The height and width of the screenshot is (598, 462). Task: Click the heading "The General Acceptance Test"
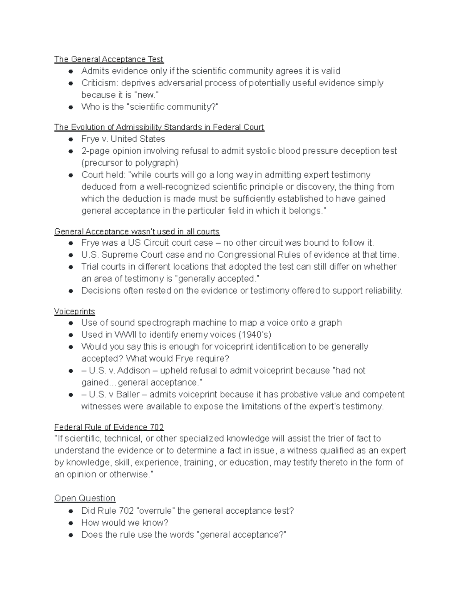[x=109, y=59]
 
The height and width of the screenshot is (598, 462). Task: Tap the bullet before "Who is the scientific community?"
[x=71, y=107]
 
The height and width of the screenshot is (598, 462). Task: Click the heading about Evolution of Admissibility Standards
[x=159, y=127]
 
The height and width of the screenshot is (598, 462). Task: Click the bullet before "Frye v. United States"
[x=71, y=139]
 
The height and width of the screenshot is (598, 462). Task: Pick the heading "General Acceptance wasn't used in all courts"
[x=137, y=231]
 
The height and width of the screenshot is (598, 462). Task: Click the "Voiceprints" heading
[x=74, y=311]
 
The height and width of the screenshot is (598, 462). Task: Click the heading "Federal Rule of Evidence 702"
[x=109, y=427]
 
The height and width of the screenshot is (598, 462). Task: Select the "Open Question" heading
[x=85, y=498]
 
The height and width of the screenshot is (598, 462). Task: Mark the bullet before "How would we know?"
[x=71, y=523]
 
